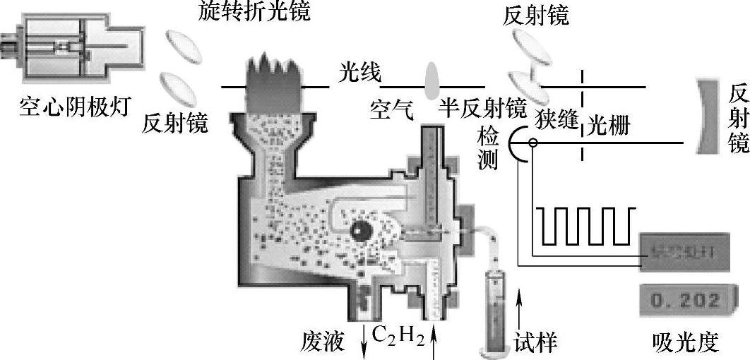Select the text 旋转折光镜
[244, 11]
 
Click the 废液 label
[323, 342]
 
